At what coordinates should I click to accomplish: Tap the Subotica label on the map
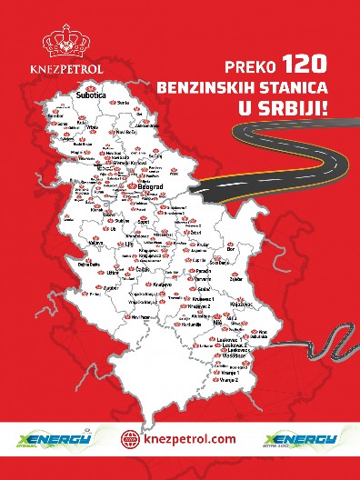(92, 95)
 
